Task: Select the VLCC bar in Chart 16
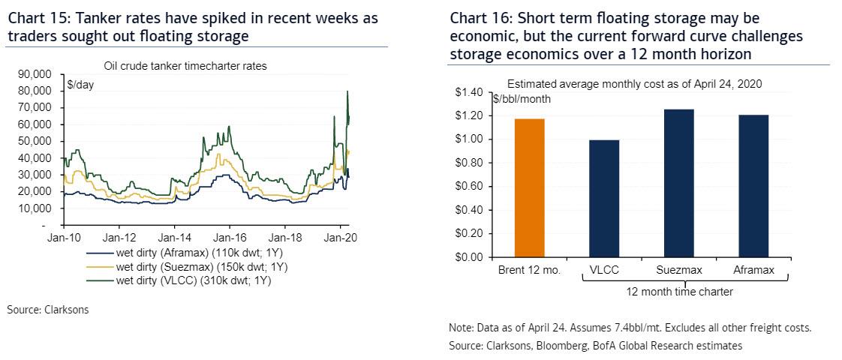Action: click(605, 198)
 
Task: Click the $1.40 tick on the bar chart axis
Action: click(471, 92)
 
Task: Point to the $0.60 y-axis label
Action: click(471, 186)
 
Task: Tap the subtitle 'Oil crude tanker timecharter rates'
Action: click(197, 66)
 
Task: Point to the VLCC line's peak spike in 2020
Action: click(347, 92)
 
